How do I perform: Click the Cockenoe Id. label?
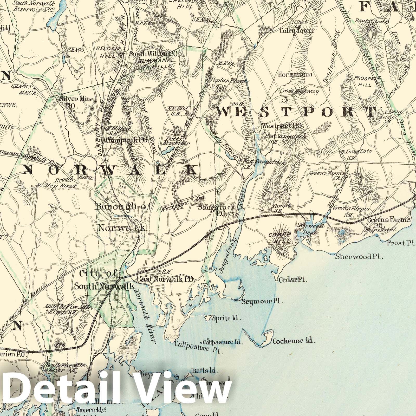pyautogui.click(x=294, y=341)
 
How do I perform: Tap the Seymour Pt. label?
pyautogui.click(x=262, y=302)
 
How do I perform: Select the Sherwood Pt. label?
pyautogui.click(x=359, y=257)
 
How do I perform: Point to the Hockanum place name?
pyautogui.click(x=295, y=75)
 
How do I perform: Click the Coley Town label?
pyautogui.click(x=296, y=31)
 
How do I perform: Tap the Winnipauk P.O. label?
pyautogui.click(x=126, y=140)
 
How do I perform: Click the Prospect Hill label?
pyautogui.click(x=365, y=81)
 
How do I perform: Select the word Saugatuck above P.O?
pyautogui.click(x=217, y=207)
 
